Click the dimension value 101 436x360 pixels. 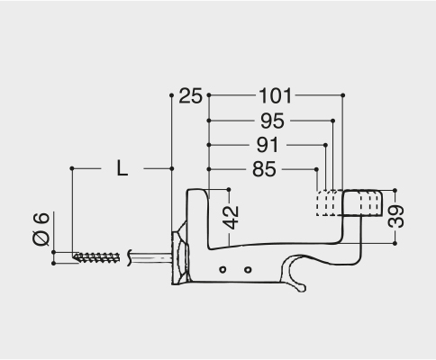click(x=275, y=96)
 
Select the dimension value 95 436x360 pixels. click(x=272, y=121)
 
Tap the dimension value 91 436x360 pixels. click(x=268, y=145)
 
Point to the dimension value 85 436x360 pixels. click(x=264, y=169)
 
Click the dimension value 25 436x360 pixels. click(x=190, y=96)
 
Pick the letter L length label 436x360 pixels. click(x=122, y=168)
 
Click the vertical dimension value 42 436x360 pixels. click(x=232, y=218)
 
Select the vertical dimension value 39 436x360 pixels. click(x=396, y=216)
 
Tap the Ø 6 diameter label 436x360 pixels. click(x=41, y=229)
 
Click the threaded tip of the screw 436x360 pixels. click(x=96, y=257)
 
